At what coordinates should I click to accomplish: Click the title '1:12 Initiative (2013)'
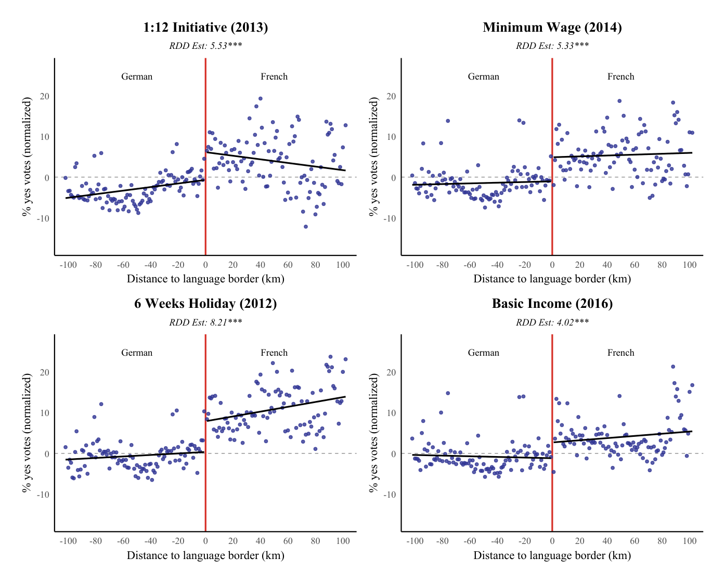(x=205, y=28)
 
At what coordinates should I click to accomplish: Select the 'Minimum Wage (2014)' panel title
(x=552, y=28)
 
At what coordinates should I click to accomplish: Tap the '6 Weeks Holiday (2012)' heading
(x=205, y=304)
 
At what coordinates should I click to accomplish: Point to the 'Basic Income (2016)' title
(x=552, y=304)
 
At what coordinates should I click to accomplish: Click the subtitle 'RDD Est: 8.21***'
(x=205, y=322)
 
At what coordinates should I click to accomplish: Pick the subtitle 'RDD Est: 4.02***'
(x=552, y=322)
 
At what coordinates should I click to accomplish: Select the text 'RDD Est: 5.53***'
(x=205, y=46)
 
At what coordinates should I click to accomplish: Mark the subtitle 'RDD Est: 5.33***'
(x=552, y=46)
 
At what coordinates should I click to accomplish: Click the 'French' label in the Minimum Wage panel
(x=620, y=77)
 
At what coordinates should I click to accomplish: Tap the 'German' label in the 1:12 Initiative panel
(x=137, y=77)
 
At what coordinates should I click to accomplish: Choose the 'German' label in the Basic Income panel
(x=483, y=353)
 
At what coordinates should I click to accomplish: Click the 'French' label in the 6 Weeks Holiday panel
(x=274, y=353)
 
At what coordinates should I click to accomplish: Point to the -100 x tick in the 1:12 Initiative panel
(x=68, y=265)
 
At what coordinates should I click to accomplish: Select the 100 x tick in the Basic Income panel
(x=689, y=541)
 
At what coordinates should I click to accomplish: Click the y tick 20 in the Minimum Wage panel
(x=391, y=96)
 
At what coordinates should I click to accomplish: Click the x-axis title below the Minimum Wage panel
(x=552, y=279)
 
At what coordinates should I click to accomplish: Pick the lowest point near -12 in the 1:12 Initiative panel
(x=306, y=227)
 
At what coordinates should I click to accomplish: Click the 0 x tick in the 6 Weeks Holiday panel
(x=205, y=541)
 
